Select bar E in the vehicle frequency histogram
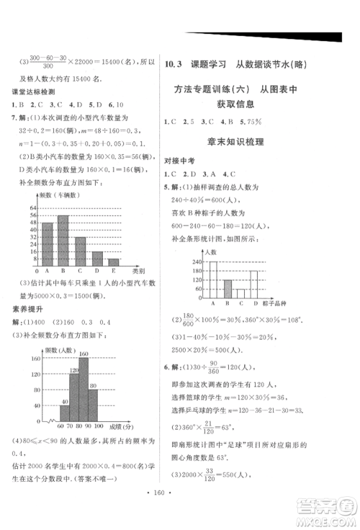point(113,262)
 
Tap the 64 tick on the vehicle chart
point(34,207)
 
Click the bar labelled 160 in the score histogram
point(83,391)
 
